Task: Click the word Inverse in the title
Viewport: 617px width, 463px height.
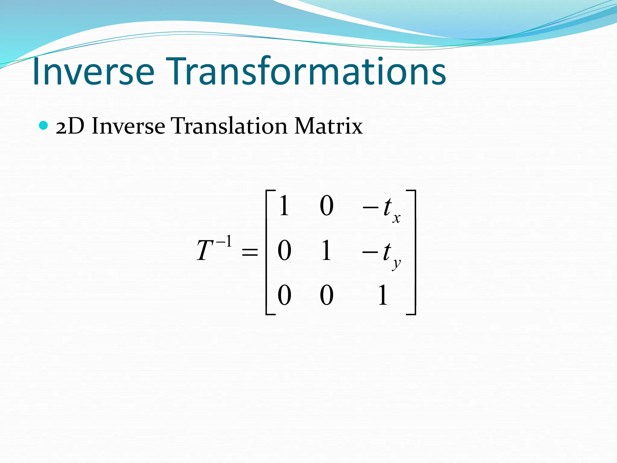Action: [x=93, y=72]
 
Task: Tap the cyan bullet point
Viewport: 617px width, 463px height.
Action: [x=44, y=125]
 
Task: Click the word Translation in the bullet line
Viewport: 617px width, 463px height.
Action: [x=229, y=126]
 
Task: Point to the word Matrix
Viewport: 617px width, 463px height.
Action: [x=328, y=126]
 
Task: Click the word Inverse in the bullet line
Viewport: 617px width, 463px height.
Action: [x=128, y=126]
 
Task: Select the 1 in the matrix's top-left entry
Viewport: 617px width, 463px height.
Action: [x=284, y=206]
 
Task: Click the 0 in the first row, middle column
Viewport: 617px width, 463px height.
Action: [x=326, y=206]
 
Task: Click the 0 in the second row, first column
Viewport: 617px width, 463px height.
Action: [x=284, y=251]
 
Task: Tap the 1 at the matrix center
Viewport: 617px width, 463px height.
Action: [x=326, y=251]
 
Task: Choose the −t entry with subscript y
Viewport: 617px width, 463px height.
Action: [x=381, y=253]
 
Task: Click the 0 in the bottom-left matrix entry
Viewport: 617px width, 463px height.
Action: [x=284, y=295]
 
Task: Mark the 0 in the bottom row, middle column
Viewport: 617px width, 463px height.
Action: [x=326, y=295]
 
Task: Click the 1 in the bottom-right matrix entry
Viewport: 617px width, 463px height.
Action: [x=383, y=295]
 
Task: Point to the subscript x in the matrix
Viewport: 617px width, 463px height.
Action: [x=396, y=218]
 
